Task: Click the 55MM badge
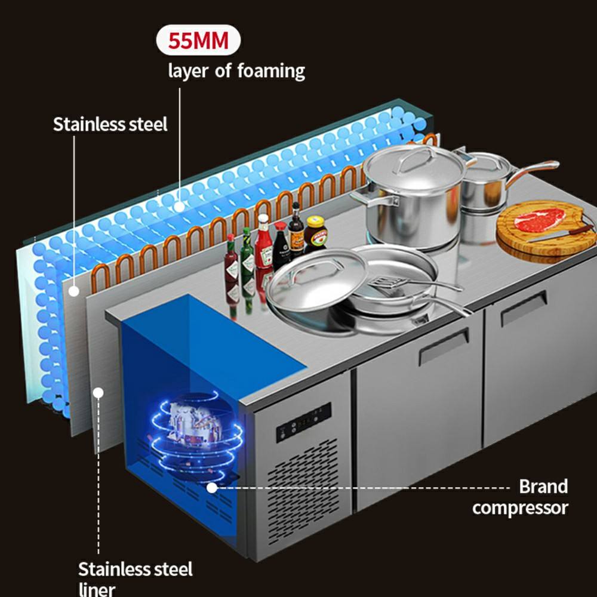click(x=198, y=42)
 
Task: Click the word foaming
click(x=271, y=71)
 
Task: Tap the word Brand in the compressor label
click(x=543, y=486)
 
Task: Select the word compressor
click(x=520, y=508)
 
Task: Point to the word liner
click(x=97, y=589)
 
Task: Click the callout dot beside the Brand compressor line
click(x=212, y=487)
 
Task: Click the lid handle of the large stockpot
click(x=418, y=156)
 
